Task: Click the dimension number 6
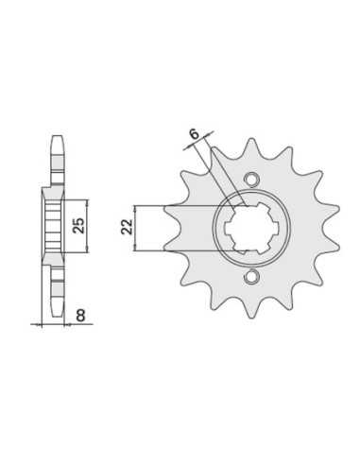click(x=196, y=134)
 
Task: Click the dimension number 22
click(x=128, y=226)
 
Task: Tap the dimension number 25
click(x=78, y=225)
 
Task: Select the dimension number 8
click(x=80, y=316)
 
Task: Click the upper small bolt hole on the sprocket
click(x=251, y=179)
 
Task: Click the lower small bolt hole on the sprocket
click(x=251, y=276)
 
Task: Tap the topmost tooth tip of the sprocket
click(x=251, y=139)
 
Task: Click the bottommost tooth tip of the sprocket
click(x=251, y=317)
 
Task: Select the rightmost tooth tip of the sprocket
click(x=338, y=208)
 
